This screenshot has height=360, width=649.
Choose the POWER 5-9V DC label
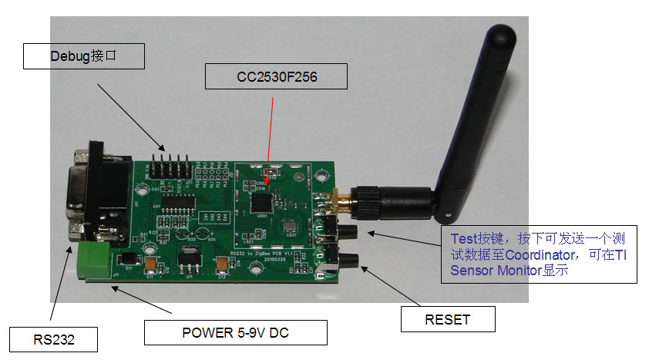point(236,333)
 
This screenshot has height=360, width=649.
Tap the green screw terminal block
point(93,262)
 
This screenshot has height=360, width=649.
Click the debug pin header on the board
point(170,166)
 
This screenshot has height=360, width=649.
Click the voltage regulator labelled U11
point(187,259)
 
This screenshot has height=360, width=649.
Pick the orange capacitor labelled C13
point(223,264)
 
